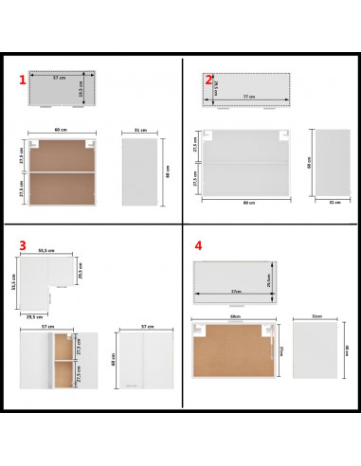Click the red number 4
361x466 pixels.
pyautogui.click(x=198, y=245)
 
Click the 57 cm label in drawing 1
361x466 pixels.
pyautogui.click(x=59, y=79)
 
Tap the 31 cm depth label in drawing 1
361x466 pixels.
pyautogui.click(x=140, y=132)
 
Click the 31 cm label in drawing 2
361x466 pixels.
pyautogui.click(x=333, y=202)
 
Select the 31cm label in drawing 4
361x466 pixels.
pyautogui.click(x=315, y=317)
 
